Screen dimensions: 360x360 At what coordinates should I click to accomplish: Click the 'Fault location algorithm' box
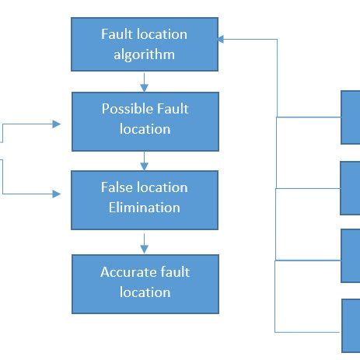click(x=145, y=44)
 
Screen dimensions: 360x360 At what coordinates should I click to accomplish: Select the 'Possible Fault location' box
click(x=145, y=121)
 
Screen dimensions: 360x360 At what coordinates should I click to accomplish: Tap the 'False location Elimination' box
click(x=145, y=200)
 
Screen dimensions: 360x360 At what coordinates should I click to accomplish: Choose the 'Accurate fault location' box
click(x=145, y=284)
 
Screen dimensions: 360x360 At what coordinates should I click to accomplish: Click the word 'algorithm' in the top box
click(x=145, y=55)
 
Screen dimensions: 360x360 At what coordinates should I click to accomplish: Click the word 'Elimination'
click(x=145, y=208)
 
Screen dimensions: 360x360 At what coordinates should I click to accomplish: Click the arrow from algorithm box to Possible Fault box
click(x=145, y=82)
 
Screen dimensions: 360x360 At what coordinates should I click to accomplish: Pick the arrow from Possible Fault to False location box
click(x=145, y=161)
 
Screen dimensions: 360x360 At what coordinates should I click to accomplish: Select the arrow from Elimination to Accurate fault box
click(x=145, y=243)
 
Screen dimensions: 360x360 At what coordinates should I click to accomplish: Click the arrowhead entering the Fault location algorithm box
click(x=221, y=39)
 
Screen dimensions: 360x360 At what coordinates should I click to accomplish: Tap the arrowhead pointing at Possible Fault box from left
click(x=56, y=124)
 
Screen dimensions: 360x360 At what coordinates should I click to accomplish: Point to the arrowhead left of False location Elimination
click(x=57, y=194)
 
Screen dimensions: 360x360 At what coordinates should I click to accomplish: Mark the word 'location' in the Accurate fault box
click(x=145, y=292)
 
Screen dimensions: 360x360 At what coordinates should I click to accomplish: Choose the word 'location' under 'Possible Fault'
click(x=145, y=129)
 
